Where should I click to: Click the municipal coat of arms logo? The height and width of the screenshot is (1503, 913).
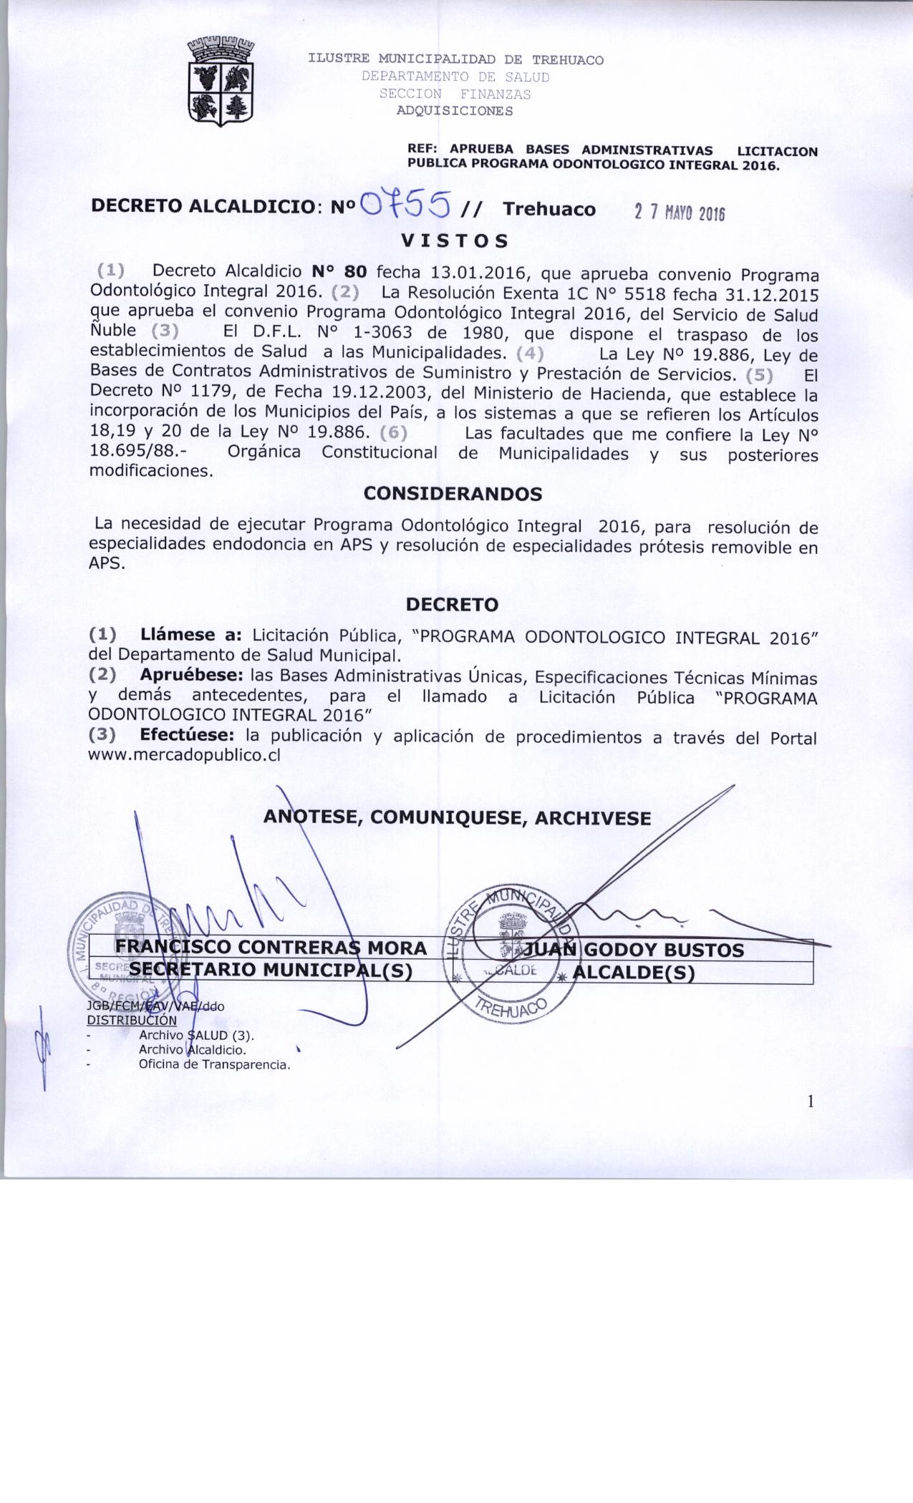pyautogui.click(x=221, y=80)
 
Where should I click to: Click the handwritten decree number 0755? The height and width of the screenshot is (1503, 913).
pyautogui.click(x=407, y=205)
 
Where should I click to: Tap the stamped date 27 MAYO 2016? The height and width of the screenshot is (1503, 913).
pyautogui.click(x=680, y=213)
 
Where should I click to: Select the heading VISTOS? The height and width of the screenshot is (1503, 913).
pyautogui.click(x=455, y=241)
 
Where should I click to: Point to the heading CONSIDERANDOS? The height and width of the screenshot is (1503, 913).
pyautogui.click(x=453, y=495)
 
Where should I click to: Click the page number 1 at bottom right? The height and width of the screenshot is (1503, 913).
pyautogui.click(x=811, y=1101)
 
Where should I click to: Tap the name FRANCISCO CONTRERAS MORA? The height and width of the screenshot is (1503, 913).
pyautogui.click(x=271, y=948)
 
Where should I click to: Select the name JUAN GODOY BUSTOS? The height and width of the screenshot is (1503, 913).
pyautogui.click(x=634, y=950)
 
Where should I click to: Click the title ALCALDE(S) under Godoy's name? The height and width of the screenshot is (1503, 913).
pyautogui.click(x=634, y=973)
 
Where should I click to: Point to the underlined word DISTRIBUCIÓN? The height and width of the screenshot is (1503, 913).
pyautogui.click(x=132, y=1020)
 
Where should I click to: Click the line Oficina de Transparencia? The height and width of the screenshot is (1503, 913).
pyautogui.click(x=215, y=1064)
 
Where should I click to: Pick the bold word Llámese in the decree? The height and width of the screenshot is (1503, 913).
pyautogui.click(x=183, y=635)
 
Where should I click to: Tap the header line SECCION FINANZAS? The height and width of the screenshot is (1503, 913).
pyautogui.click(x=455, y=94)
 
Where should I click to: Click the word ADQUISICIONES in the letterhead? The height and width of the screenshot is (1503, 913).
pyautogui.click(x=455, y=111)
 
